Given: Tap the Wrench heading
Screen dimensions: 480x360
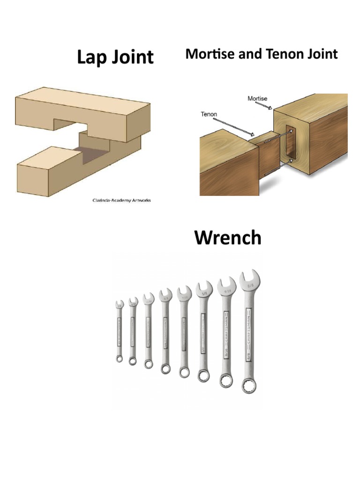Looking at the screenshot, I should pos(228,238).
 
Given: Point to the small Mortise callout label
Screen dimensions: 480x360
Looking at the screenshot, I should pos(257,98).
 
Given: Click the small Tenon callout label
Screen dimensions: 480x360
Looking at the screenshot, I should pos(209,114).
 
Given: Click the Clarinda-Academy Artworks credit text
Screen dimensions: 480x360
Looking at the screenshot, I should pos(121,200).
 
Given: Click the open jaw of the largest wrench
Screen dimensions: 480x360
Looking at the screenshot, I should pos(249,277).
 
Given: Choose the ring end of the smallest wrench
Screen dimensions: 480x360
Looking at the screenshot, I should pos(120,359).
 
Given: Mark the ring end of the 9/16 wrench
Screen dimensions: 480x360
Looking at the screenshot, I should pos(225,381).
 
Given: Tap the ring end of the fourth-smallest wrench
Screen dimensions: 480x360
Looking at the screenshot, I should pos(166,368).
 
